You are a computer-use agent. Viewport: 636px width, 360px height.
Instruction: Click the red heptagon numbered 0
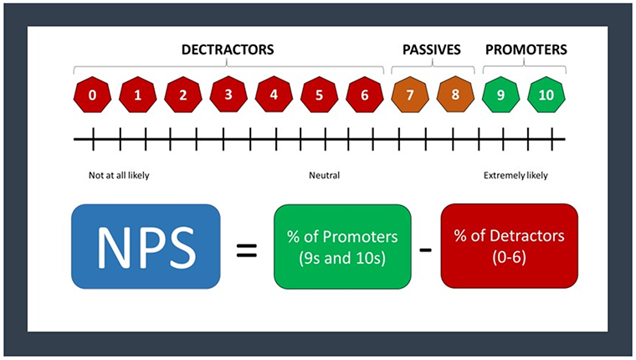[92, 95]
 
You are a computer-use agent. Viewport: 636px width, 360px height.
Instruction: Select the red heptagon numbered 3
[228, 95]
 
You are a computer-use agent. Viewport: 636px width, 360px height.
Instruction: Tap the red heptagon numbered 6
[364, 95]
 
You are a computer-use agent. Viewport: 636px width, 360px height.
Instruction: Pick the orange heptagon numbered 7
[410, 95]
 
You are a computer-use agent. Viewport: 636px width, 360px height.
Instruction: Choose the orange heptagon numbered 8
[455, 95]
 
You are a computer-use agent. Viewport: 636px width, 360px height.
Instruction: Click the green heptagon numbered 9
[500, 95]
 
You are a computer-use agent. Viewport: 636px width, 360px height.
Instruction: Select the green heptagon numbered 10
[546, 95]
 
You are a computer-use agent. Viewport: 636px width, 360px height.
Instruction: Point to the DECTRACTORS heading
[228, 50]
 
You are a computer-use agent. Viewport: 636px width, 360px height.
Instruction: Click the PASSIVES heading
[432, 50]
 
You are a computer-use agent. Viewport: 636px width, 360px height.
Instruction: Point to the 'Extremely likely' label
[518, 176]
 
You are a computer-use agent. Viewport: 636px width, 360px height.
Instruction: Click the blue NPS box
[147, 248]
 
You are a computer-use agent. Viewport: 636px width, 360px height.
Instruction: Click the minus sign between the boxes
[425, 249]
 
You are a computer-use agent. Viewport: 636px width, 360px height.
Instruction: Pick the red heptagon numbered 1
[137, 95]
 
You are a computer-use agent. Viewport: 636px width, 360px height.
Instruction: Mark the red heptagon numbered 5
[319, 95]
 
